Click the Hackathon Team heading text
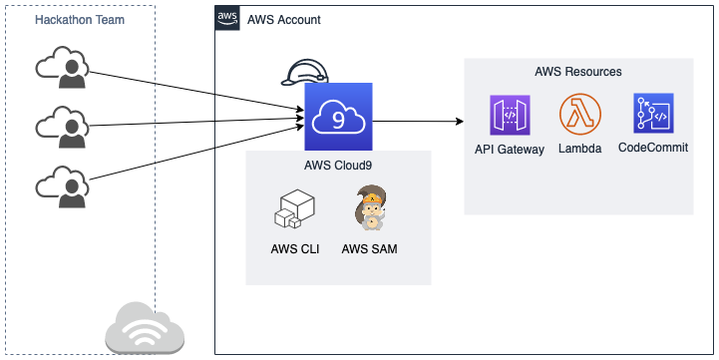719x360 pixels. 79,21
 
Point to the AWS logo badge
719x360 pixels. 228,20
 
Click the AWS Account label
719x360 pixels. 284,21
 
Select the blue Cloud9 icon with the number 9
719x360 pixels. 338,117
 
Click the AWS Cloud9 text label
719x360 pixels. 338,166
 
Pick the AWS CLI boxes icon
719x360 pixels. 294,208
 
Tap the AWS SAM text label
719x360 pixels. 369,248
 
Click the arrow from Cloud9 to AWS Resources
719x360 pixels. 419,122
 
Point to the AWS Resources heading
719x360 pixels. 578,72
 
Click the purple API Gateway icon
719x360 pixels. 510,116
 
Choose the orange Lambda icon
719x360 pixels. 580,116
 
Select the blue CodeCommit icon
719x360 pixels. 653,114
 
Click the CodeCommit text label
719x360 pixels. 653,148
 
